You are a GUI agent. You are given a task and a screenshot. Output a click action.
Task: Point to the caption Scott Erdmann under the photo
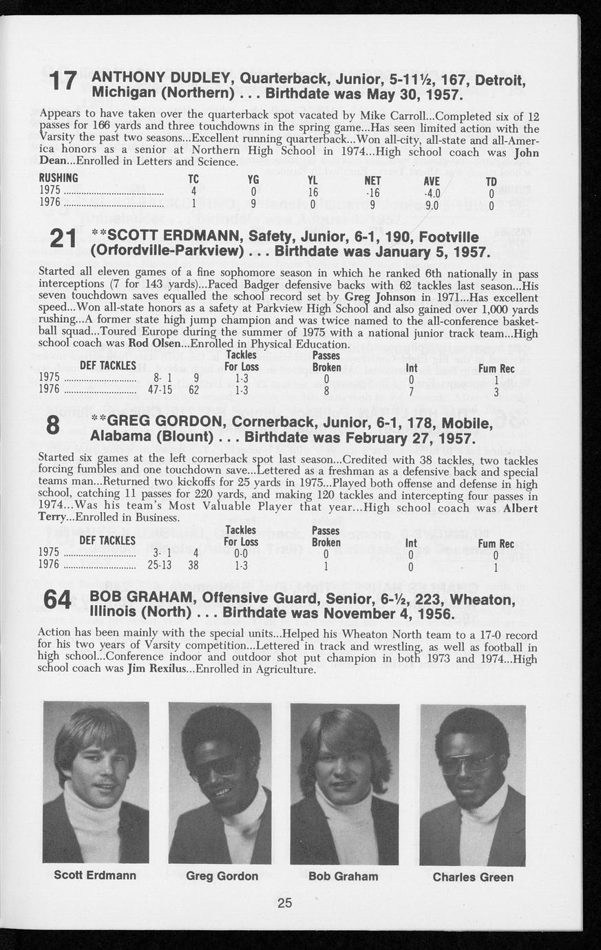pyautogui.click(x=95, y=876)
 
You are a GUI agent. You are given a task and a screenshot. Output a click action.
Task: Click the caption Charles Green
pyautogui.click(x=473, y=877)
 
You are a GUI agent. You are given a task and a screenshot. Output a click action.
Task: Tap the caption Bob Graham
pyautogui.click(x=343, y=876)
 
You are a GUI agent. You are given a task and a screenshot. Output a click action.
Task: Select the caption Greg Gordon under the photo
pyautogui.click(x=222, y=876)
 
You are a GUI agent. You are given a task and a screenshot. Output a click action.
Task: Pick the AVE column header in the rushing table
pyautogui.click(x=432, y=180)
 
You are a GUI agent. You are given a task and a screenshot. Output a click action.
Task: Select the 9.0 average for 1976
pyautogui.click(x=432, y=204)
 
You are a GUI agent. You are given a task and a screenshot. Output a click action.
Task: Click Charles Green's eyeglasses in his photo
pyautogui.click(x=467, y=762)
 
